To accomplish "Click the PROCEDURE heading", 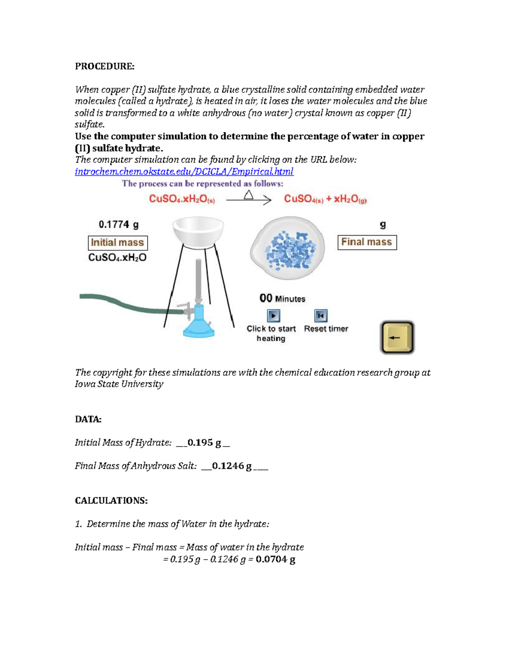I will pyautogui.click(x=104, y=66).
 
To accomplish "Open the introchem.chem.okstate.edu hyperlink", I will pyautogui.click(x=184, y=172).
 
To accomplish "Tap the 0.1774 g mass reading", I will pyautogui.click(x=118, y=225).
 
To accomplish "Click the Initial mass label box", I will pyautogui.click(x=117, y=243).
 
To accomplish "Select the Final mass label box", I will pyautogui.click(x=367, y=242).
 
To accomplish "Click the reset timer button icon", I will pyautogui.click(x=321, y=316).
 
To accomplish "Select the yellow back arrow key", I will pyautogui.click(x=397, y=338).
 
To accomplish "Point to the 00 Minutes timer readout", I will pyautogui.click(x=282, y=299).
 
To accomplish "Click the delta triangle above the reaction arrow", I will pyautogui.click(x=249, y=195).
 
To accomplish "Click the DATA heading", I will pyautogui.click(x=88, y=419).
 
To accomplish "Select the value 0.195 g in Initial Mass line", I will pyautogui.click(x=204, y=443).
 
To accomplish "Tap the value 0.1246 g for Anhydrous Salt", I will pyautogui.click(x=232, y=466).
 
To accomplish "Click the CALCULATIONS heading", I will pyautogui.click(x=111, y=501).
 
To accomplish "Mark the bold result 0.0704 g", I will pyautogui.click(x=275, y=559).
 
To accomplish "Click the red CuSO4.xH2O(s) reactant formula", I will pyautogui.click(x=182, y=199).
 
